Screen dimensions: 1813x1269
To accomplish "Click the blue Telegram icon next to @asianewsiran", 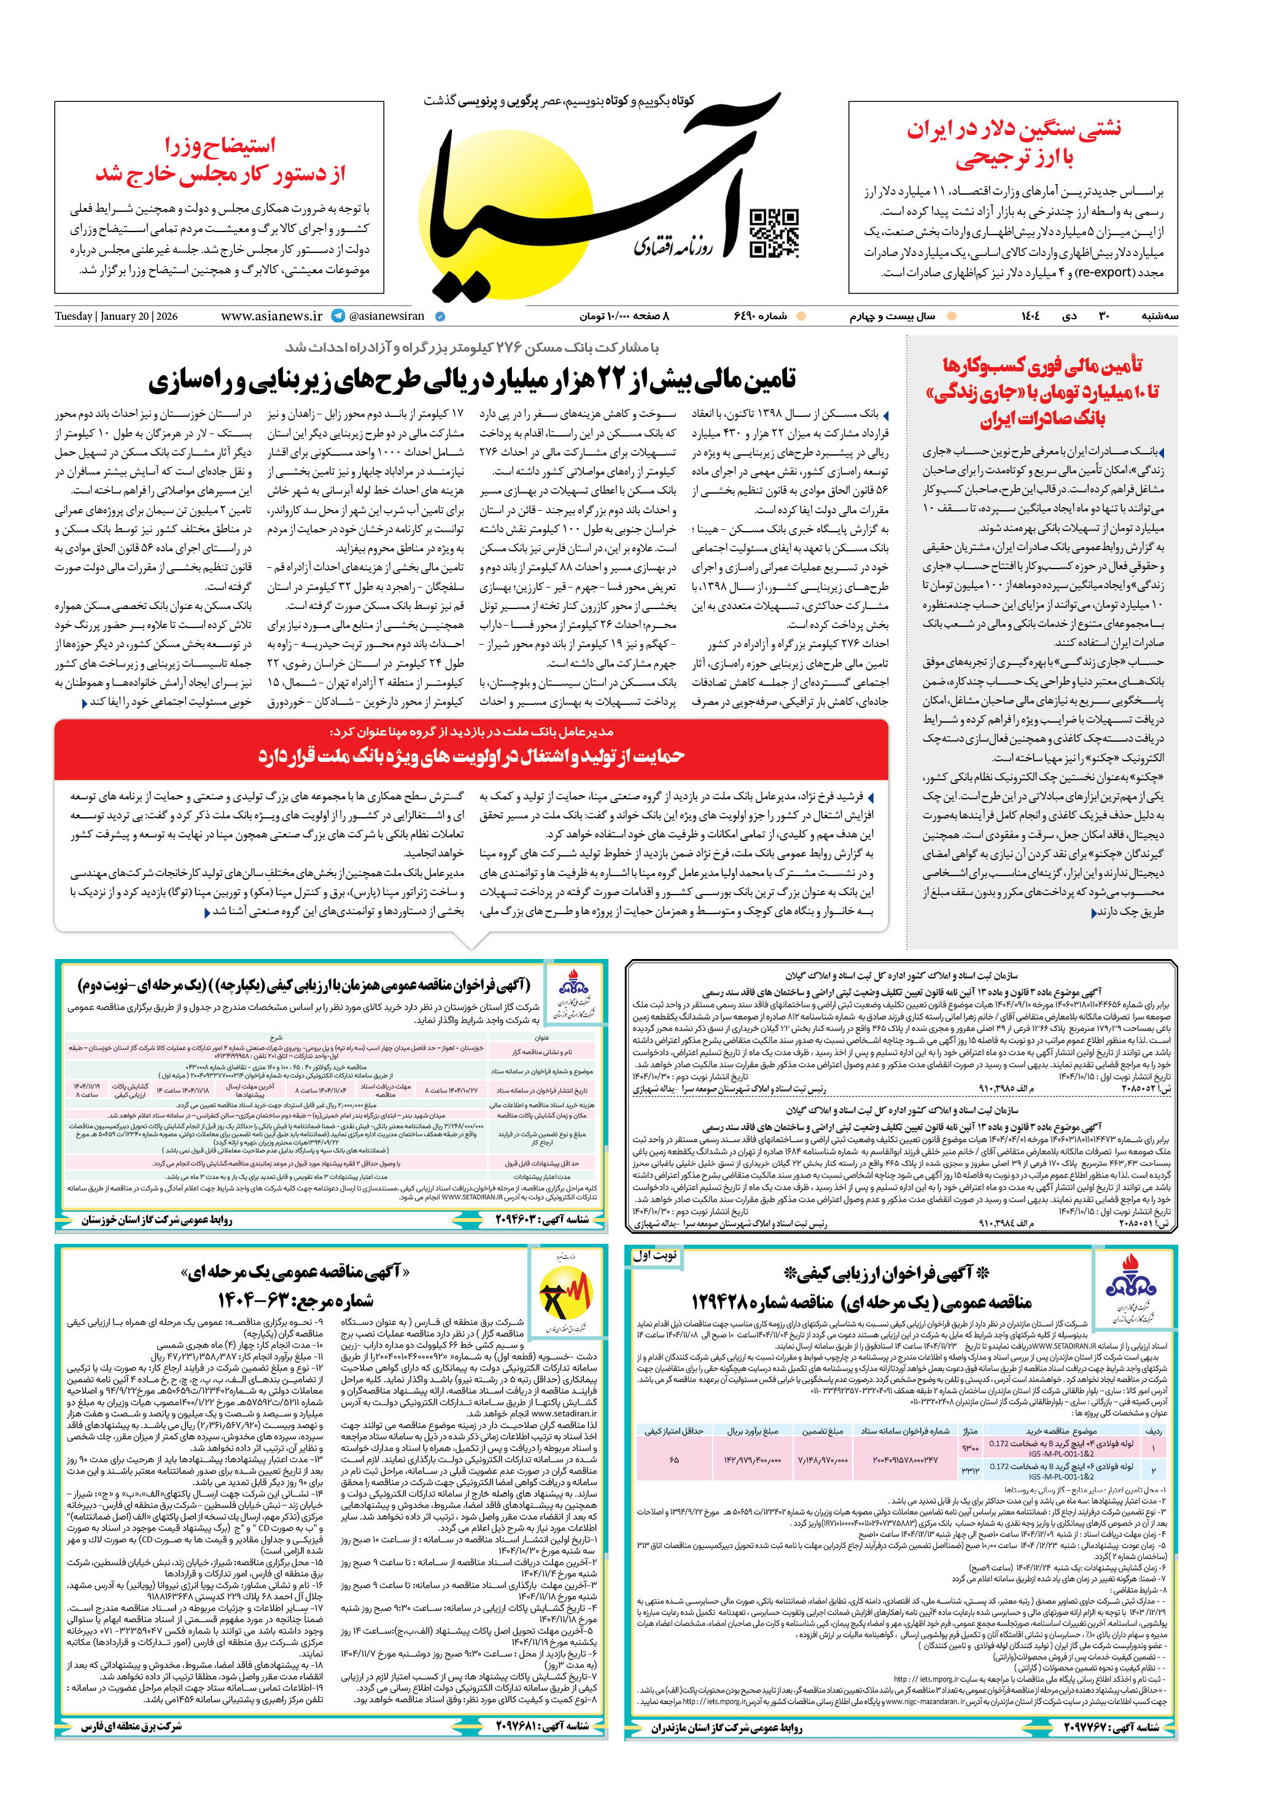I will click(x=338, y=316).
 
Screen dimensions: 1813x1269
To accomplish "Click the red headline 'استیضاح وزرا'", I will click(x=220, y=146).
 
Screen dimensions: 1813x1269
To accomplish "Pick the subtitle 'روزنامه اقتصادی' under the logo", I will click(x=673, y=247).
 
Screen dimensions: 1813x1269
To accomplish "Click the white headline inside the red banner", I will click(x=471, y=756).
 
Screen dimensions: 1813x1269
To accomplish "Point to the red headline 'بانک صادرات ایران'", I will click(x=1042, y=419).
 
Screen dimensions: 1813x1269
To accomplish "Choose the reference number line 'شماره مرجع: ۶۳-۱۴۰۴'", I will click(x=295, y=1300).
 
